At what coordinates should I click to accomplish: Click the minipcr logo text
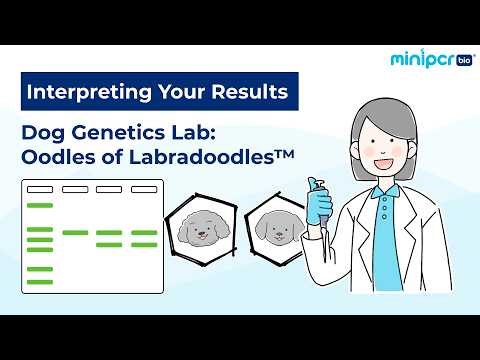click(x=420, y=59)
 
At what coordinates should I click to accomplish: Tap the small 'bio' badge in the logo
click(x=463, y=60)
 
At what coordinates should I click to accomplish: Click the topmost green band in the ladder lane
click(x=39, y=206)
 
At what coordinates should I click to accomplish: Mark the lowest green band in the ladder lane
click(x=39, y=282)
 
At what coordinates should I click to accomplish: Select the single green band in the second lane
click(x=74, y=232)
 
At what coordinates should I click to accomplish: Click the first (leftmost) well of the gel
click(x=39, y=189)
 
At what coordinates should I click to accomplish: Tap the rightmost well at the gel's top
click(x=143, y=189)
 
